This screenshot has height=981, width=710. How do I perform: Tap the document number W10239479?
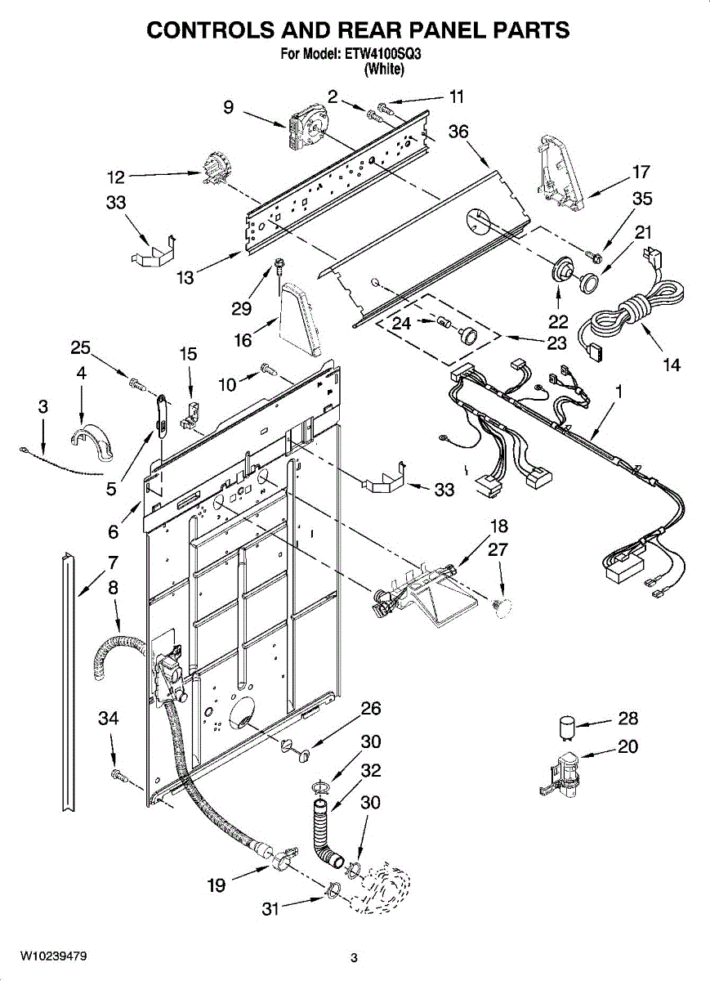point(54,956)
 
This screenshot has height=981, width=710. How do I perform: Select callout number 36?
point(458,132)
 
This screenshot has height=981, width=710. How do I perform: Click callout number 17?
point(641,172)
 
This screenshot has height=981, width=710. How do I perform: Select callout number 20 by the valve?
point(627,746)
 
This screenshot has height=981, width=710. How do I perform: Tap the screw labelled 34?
point(117,773)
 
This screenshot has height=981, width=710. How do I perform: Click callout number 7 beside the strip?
point(113,562)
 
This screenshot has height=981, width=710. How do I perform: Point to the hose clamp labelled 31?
point(333,889)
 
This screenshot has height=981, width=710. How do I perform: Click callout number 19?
point(217,885)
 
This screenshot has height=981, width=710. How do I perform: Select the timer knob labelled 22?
point(559,270)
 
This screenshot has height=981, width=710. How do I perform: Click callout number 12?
point(116,176)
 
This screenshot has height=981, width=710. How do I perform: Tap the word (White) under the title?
point(383,70)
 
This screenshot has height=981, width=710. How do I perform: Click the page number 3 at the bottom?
point(354,957)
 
